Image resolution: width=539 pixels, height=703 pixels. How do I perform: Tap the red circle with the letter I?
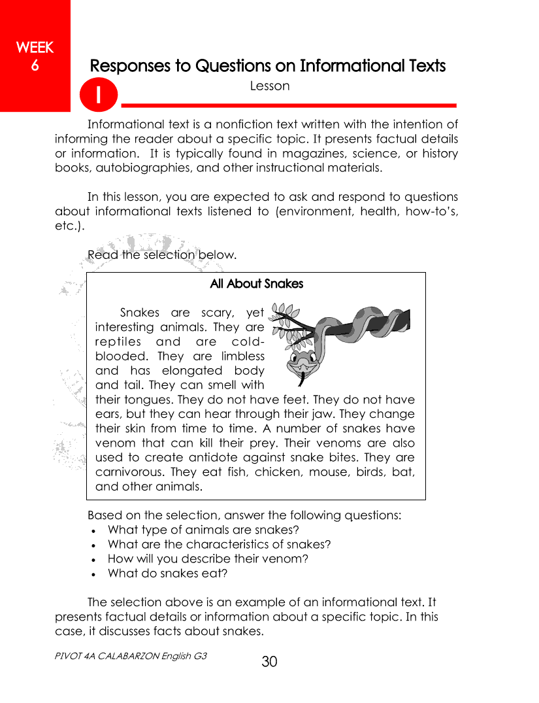(x=99, y=95)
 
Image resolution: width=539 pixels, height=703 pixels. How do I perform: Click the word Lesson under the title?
(x=269, y=86)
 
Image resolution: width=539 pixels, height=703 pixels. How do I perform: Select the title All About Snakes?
(x=256, y=284)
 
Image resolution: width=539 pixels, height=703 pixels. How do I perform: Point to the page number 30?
(x=269, y=662)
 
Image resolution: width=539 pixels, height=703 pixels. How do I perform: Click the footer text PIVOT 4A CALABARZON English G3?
(x=131, y=655)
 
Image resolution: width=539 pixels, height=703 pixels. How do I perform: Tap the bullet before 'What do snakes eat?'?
(x=95, y=574)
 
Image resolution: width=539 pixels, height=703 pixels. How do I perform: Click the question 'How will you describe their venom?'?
(x=207, y=558)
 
